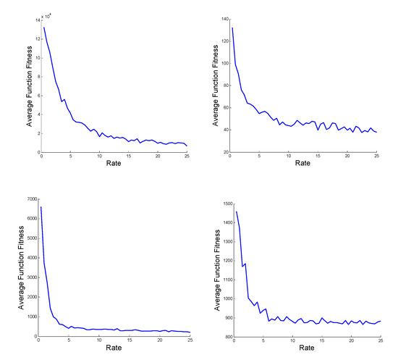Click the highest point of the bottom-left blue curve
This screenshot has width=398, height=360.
[41, 207]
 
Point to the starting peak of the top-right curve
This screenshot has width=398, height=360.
[232, 28]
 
